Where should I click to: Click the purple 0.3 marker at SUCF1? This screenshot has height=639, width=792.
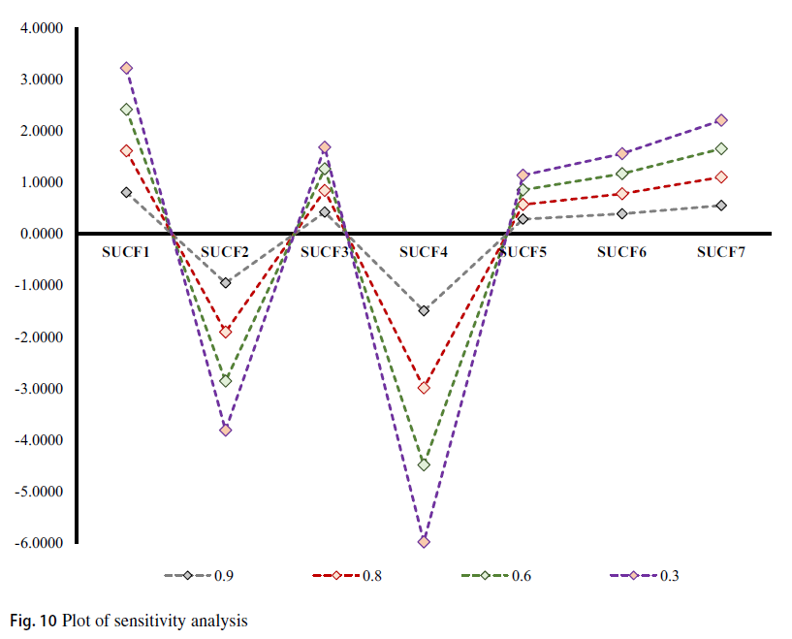point(126,68)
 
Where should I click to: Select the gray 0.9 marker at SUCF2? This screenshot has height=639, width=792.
point(225,283)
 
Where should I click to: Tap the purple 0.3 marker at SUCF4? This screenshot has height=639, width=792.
point(424,541)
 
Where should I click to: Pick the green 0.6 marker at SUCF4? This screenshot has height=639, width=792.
point(424,464)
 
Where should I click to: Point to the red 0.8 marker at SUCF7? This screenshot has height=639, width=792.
point(721,176)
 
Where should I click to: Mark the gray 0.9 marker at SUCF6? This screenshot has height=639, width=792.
point(621,213)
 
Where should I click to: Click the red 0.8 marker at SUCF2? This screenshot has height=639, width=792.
point(225,332)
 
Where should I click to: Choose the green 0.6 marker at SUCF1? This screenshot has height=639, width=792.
point(126,110)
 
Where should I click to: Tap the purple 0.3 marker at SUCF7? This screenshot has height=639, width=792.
point(721,120)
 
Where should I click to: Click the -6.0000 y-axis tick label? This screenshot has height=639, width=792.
point(38,543)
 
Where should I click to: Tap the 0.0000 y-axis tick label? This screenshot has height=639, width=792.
point(40,234)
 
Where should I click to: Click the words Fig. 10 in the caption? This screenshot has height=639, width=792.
point(34,619)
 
